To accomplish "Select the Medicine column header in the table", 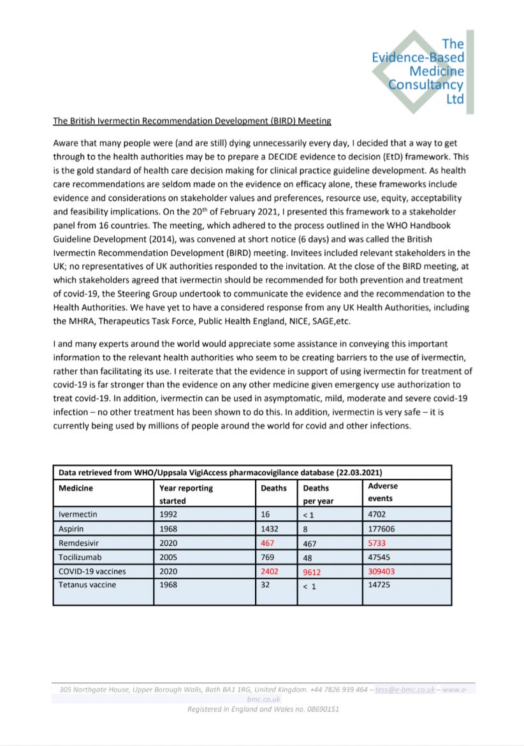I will [76, 488].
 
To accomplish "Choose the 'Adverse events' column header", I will [382, 492].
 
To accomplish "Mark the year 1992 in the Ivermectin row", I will [169, 514].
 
